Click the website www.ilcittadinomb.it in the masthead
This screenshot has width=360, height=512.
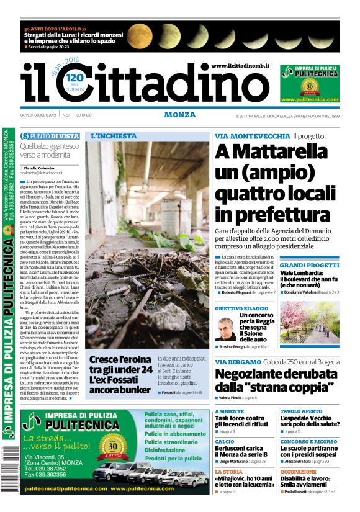pyautogui.click(x=240, y=66)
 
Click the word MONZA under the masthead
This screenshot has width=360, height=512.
pyautogui.click(x=180, y=115)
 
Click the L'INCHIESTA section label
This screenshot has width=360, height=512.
pyautogui.click(x=114, y=135)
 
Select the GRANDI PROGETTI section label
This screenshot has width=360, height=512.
pyautogui.click(x=305, y=265)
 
